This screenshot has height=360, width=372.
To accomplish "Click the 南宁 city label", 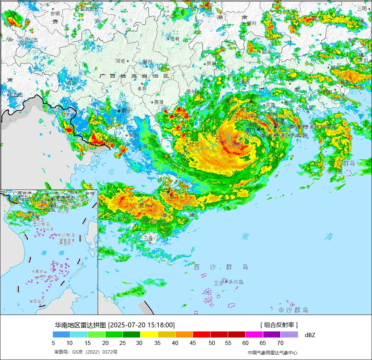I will coord(126,111).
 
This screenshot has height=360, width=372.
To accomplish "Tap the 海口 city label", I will coord(173,196).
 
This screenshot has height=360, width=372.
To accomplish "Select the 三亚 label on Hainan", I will coord(148,238).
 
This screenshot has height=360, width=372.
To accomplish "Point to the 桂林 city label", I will coord(175,38).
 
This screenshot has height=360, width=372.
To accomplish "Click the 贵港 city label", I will coord(158,102).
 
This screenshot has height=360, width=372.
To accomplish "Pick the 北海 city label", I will coord(143,146).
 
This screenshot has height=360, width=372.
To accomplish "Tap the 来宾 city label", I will coord(142,89).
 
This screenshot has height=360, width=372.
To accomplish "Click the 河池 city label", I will coord(120,60).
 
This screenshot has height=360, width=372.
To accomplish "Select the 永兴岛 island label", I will coord(236,282).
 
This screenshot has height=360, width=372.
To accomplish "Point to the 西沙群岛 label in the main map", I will coord(221,267).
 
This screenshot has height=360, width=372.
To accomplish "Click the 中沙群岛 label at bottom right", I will coord(293,310).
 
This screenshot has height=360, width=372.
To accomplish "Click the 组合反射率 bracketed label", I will coord(279,325).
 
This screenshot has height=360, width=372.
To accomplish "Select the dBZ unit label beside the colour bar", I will coord(310,335).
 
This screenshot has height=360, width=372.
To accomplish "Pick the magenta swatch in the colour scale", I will coord(254,334).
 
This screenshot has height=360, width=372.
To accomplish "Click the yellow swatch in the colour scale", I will coord(149,334).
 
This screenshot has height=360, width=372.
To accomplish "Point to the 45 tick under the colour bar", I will coord(193,343).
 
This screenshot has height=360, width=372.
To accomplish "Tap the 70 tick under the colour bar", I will coord(280,343).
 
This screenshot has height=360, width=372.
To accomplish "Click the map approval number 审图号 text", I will coord(86,352).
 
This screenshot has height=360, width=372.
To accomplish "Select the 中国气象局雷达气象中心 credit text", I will coord(272,352).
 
